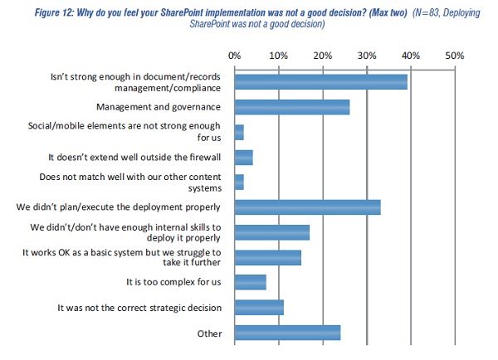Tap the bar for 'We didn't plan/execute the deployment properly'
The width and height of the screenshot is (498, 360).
point(308,207)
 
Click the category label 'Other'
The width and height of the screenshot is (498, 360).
point(208,333)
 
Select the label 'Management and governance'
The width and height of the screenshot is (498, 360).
point(159,107)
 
